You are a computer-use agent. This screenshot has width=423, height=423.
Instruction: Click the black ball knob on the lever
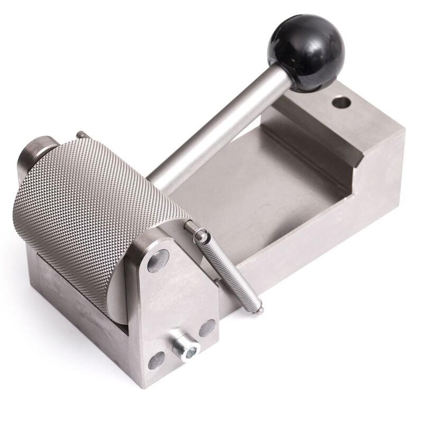point(306,52)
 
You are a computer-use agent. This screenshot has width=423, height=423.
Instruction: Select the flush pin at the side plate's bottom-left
point(156,361)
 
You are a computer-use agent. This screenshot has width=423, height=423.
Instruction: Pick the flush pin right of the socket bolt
point(207,328)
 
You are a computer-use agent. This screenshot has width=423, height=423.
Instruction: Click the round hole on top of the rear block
point(341,100)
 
